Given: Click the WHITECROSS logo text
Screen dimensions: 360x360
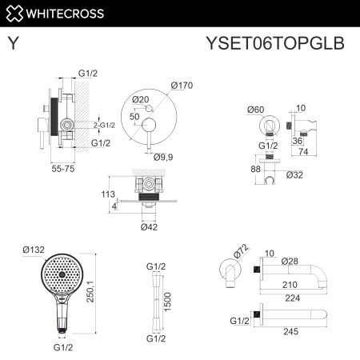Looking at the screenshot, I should [x=60, y=14].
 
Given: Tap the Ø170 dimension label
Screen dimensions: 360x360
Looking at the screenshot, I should [x=181, y=86].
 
